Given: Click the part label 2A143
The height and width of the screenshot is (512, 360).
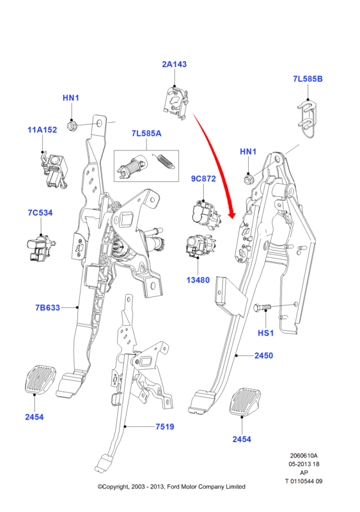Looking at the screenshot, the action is (175, 65).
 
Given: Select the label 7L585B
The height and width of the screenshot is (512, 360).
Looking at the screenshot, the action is (308, 79).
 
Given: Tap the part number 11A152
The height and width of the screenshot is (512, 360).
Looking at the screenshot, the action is (42, 130).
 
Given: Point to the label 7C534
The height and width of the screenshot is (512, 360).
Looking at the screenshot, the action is (40, 213).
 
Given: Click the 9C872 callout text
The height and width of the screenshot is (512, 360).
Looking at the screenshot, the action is (203, 179).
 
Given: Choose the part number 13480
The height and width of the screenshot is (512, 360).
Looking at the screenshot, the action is (198, 280).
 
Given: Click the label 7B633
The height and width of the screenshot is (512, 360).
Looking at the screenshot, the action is (48, 308).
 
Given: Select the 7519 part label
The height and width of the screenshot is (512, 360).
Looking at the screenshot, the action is (165, 427).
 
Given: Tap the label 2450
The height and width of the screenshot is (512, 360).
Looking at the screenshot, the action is (263, 356).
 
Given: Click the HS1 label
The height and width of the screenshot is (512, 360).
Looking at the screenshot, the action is (265, 333).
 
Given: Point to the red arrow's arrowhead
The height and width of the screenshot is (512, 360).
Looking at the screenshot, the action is (232, 214).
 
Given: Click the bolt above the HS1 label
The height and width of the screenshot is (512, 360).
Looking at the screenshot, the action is (262, 307).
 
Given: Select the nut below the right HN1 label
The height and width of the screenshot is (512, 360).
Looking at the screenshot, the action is (248, 179).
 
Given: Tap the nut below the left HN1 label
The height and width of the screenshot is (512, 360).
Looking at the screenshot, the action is (72, 125).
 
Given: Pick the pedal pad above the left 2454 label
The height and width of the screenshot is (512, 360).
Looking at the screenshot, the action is (40, 379).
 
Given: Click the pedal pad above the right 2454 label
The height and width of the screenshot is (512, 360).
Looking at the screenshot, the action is (245, 402).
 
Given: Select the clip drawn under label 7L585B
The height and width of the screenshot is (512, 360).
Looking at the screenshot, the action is (308, 120).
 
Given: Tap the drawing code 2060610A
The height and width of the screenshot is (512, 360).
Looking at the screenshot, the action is (304, 456).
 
